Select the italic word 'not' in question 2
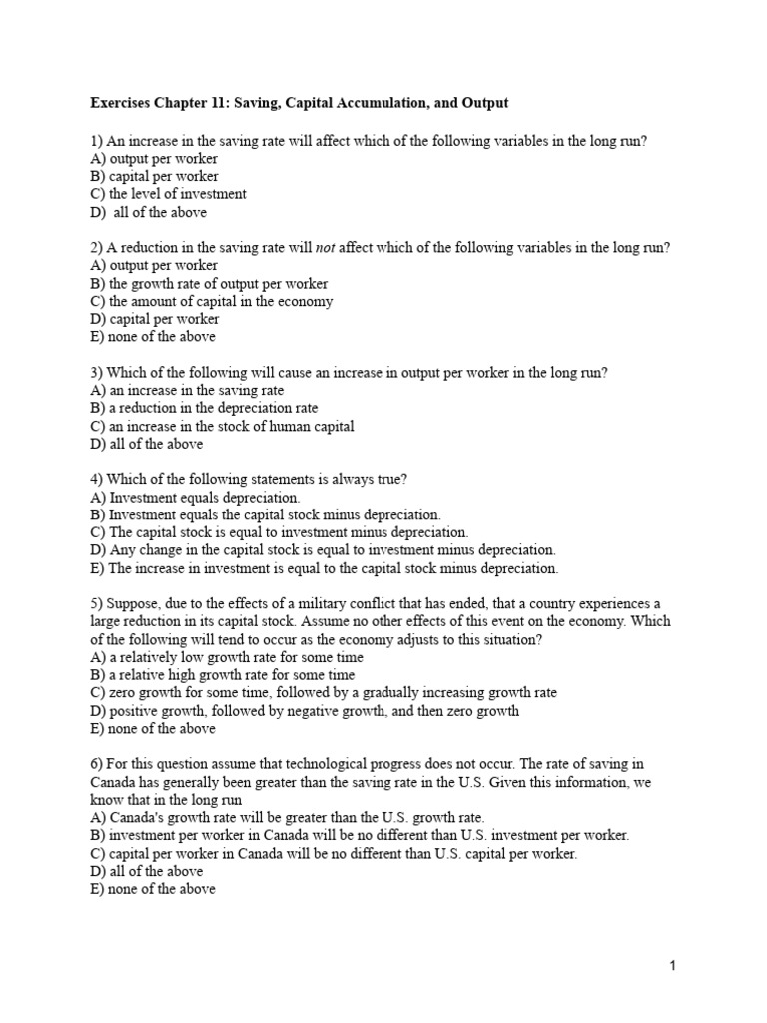click(x=326, y=248)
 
